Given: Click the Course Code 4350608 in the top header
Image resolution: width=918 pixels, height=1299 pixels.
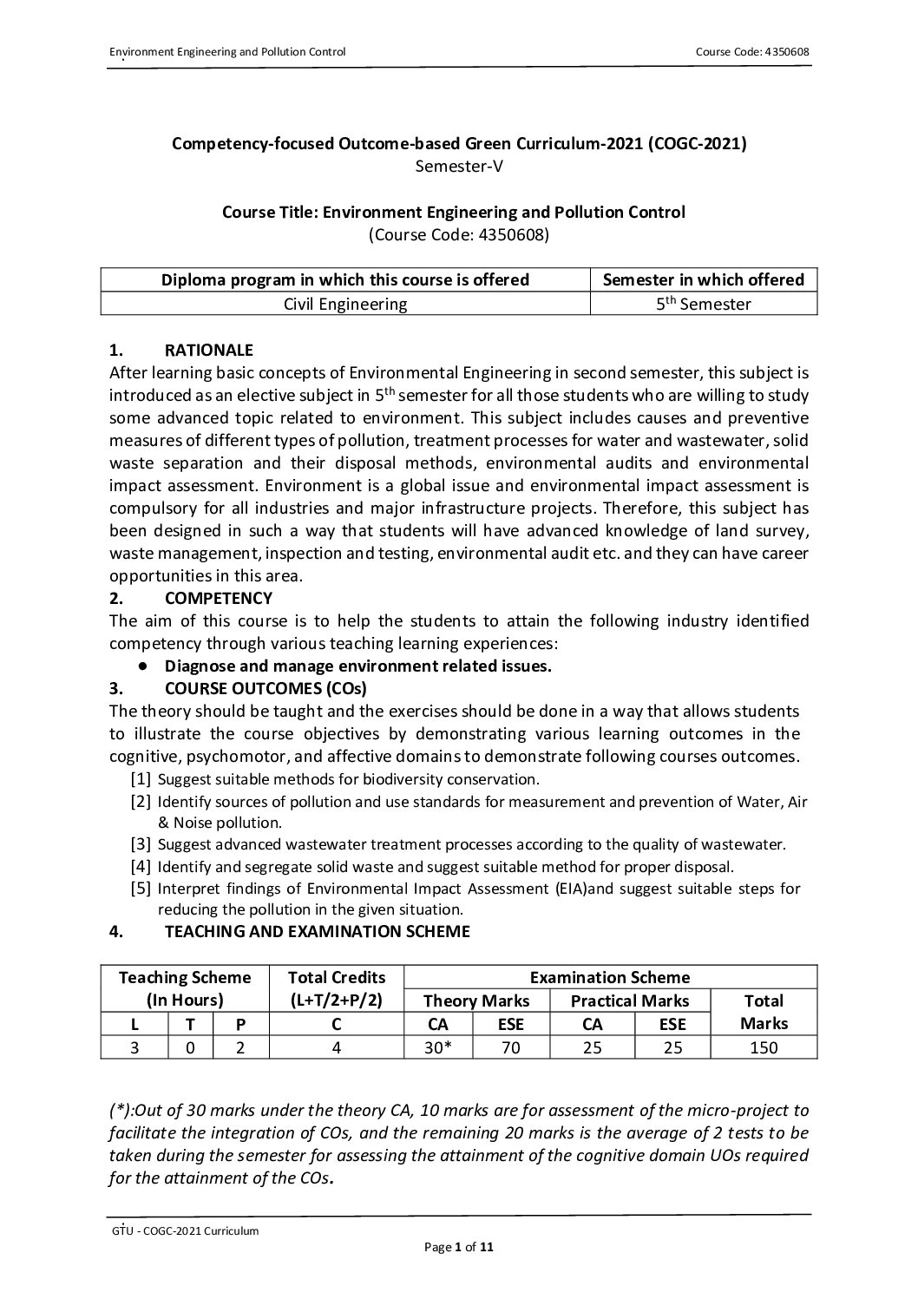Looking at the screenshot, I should coord(752,52).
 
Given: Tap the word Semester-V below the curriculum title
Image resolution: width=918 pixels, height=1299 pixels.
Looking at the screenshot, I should coord(459,166).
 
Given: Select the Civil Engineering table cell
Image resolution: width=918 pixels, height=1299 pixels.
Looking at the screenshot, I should coord(344,304).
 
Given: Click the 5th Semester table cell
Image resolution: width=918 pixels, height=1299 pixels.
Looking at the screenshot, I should coord(703,304).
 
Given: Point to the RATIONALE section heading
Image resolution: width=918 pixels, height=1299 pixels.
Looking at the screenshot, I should coord(208,351).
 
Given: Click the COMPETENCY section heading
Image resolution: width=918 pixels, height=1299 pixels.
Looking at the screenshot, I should coord(218,598).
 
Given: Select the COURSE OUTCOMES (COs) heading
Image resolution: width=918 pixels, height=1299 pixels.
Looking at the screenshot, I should coord(266,689).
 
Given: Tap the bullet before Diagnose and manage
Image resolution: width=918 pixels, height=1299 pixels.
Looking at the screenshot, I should coord(141,666).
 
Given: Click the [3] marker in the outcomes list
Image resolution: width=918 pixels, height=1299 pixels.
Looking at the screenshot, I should coord(141,843).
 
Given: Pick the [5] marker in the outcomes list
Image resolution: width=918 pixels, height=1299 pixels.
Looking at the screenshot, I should coord(141,888).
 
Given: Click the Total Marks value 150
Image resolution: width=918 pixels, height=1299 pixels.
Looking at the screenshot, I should coord(764,1047).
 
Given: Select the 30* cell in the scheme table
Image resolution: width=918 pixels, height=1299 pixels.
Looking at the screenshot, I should coord(439,1047).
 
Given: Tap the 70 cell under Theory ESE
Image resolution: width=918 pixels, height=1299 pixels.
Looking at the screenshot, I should coord(511,1047).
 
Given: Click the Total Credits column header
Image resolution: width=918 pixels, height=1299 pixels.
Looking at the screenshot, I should coord(337,988).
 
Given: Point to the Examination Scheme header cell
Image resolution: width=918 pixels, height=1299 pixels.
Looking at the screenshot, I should coord(610,977).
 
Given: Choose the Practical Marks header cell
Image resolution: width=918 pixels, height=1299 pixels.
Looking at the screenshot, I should coord(630,1000).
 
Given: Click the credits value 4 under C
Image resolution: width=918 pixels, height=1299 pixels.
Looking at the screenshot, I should coord(337,1047).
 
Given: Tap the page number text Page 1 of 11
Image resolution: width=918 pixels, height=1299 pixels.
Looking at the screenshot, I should coord(459,1248).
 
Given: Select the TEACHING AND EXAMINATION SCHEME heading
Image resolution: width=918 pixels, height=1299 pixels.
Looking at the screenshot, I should coord(317,931).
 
